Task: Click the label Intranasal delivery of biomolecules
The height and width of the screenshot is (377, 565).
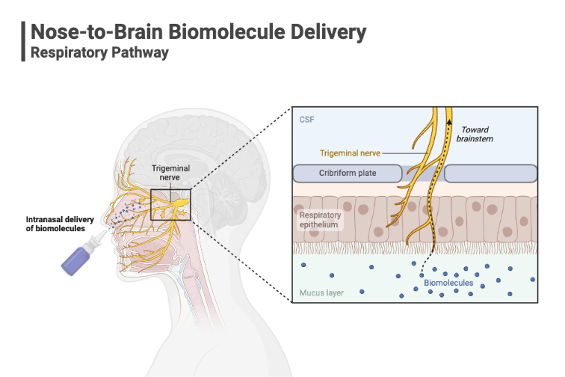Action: (x=57, y=223)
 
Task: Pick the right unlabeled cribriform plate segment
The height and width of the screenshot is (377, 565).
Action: (x=491, y=174)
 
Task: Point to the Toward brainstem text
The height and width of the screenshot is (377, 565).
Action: (x=479, y=134)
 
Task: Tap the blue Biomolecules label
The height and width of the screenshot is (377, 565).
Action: (x=446, y=283)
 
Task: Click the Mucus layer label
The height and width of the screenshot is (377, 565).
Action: (x=321, y=292)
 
